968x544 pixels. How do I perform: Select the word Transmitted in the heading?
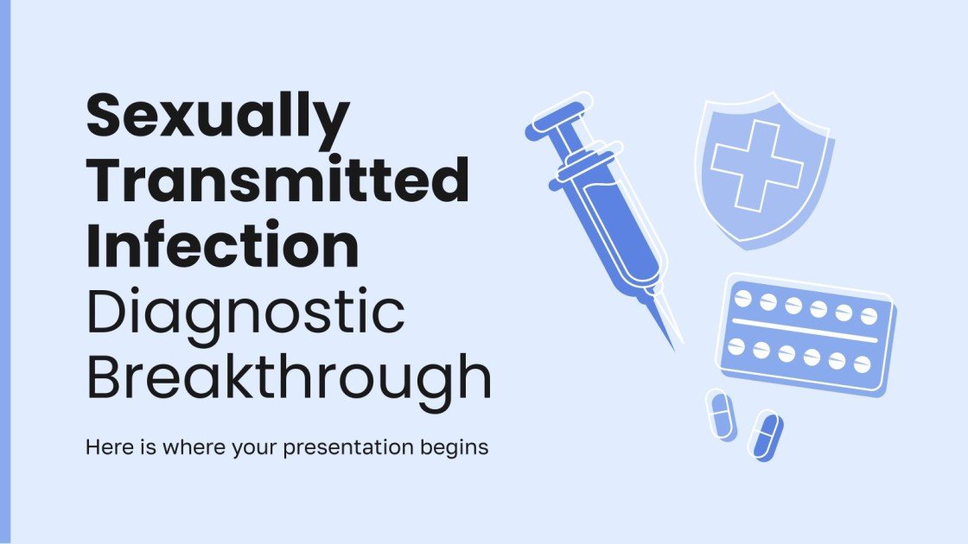tap(277, 181)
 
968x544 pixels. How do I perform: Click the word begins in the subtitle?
tap(459, 449)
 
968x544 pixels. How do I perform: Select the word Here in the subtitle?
tap(103, 448)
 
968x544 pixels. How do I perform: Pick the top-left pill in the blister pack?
tap(742, 298)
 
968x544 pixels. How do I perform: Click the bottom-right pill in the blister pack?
tap(861, 363)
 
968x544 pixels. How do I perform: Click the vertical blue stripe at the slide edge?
tap(4, 272)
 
